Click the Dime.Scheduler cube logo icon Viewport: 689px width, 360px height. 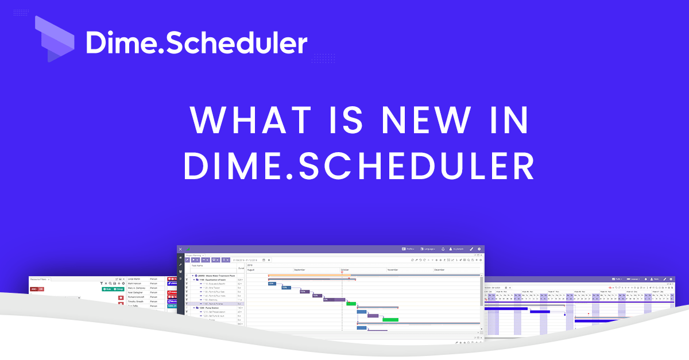point(55,39)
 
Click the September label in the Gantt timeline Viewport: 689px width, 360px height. point(300,269)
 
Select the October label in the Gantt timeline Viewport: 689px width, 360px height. point(346,269)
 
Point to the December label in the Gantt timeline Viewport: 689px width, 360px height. point(439,269)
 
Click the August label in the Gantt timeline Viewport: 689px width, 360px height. point(252,269)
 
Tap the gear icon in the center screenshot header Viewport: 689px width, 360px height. point(479,249)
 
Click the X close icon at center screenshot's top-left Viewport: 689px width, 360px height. point(180,249)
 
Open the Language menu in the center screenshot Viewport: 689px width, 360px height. point(428,249)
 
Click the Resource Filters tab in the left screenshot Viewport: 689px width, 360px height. point(40,280)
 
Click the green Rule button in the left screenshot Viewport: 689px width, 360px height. point(107,289)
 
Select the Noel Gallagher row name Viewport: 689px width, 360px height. point(136,292)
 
